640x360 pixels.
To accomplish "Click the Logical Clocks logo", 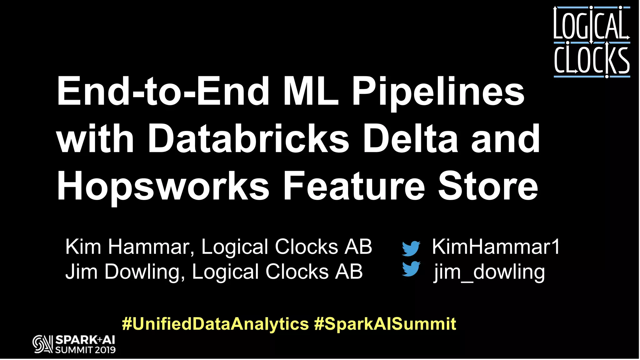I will tap(592, 42).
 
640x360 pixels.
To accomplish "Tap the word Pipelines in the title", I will tap(438, 92).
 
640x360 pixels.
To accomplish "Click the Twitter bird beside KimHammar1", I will tap(411, 248).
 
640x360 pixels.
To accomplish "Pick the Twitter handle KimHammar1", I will tap(496, 247).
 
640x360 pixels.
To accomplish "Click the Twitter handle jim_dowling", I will tap(489, 272).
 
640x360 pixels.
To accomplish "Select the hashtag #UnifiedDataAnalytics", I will tap(215, 324).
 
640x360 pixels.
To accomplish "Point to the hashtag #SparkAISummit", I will tap(385, 324).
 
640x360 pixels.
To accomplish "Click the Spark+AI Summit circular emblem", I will tap(42, 344).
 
